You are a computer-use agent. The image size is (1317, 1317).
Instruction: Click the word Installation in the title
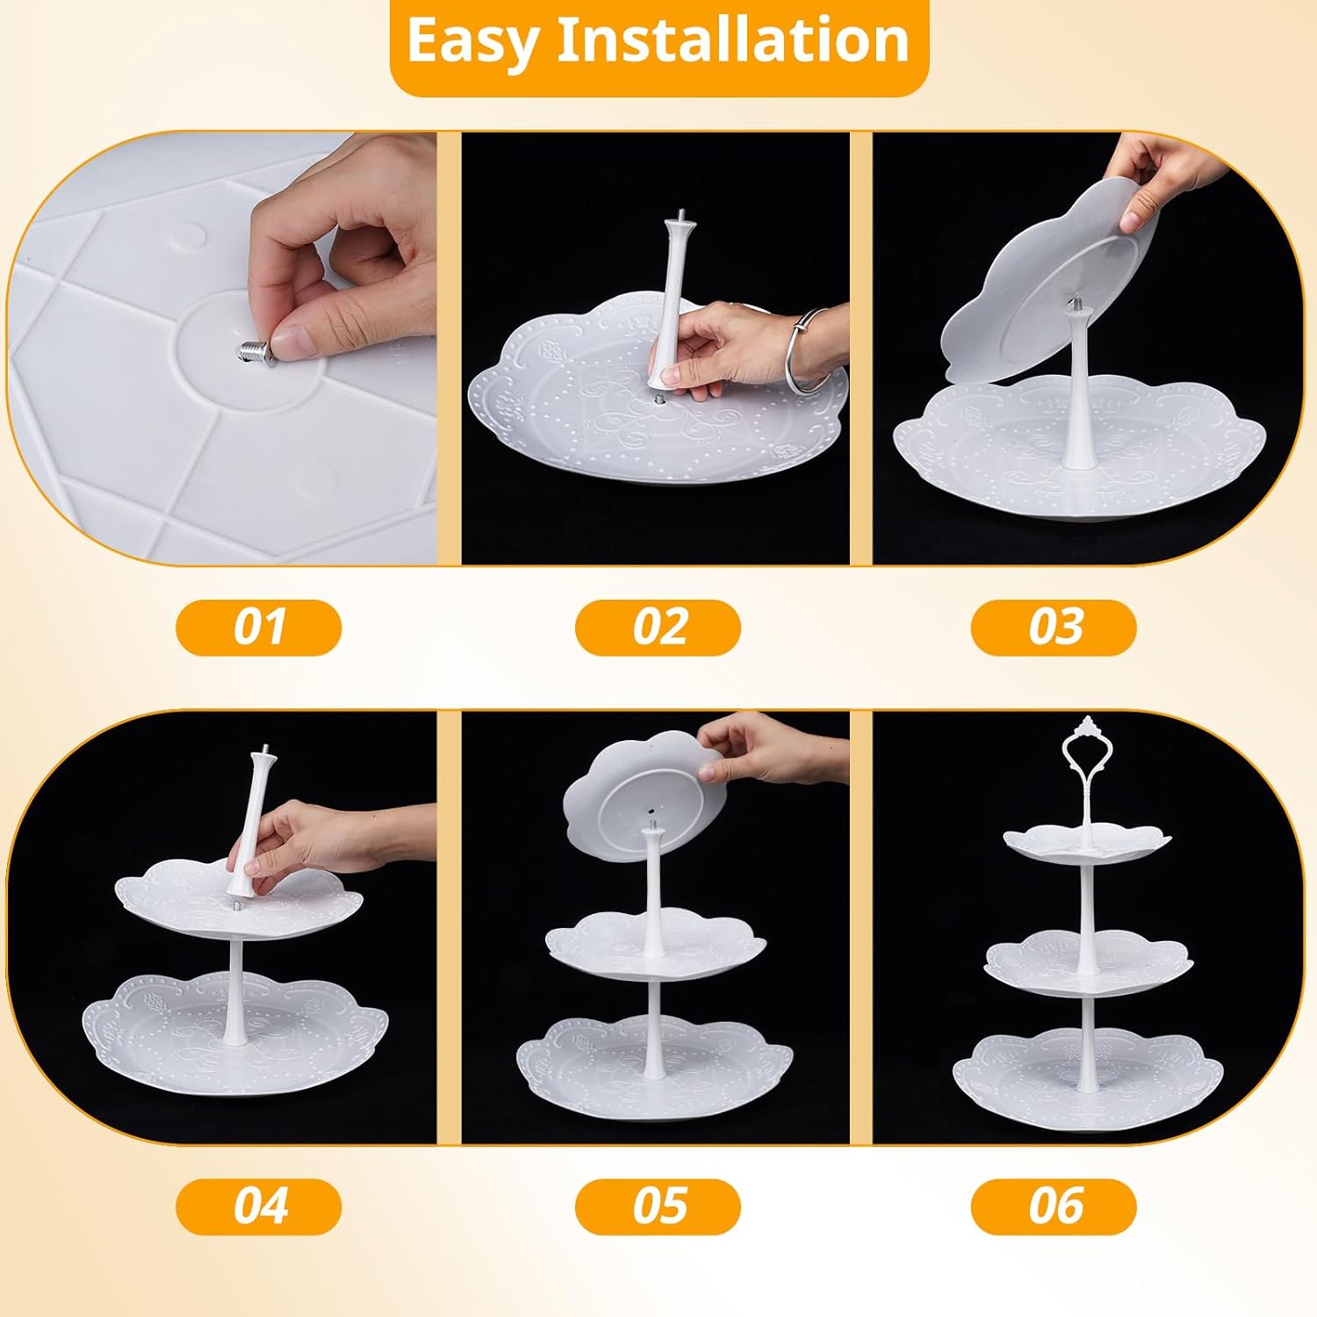click(x=733, y=41)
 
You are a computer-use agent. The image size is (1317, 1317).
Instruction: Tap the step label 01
click(x=259, y=628)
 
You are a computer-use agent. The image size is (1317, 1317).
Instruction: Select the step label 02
click(x=658, y=628)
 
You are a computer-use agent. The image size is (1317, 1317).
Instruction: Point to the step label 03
click(x=1054, y=628)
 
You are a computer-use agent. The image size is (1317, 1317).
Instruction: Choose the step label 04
click(x=259, y=1205)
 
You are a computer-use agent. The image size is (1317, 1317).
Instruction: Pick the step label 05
click(x=658, y=1205)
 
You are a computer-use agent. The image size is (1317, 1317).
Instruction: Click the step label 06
click(x=1054, y=1205)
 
